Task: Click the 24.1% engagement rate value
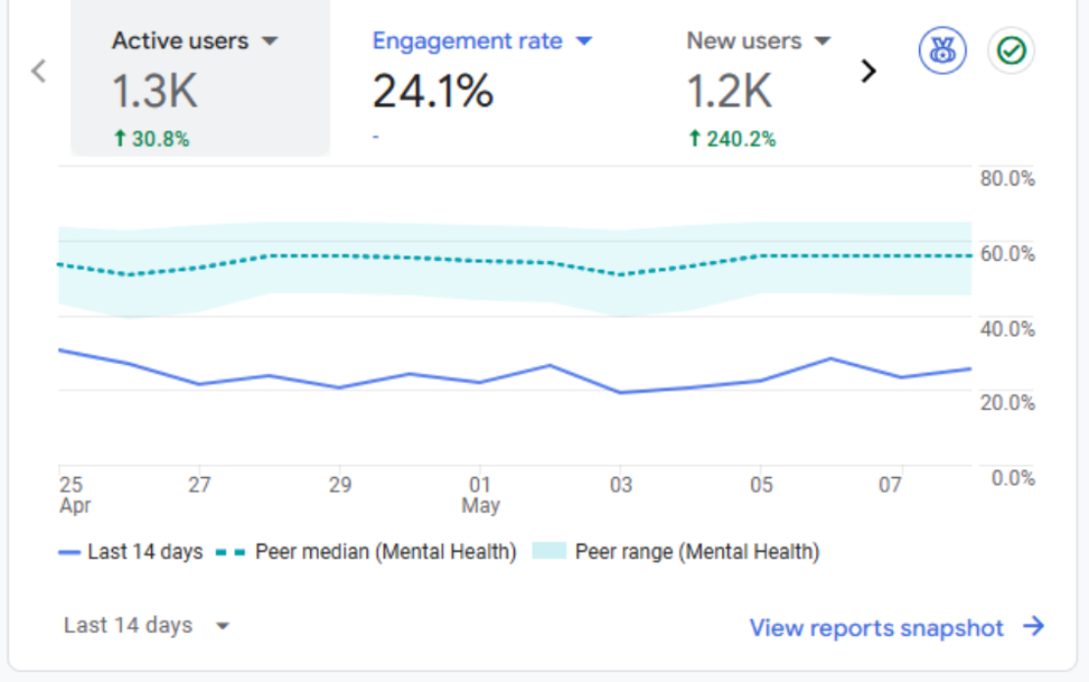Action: pyautogui.click(x=433, y=91)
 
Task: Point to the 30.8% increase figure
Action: pyautogui.click(x=152, y=139)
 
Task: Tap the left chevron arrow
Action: pyautogui.click(x=39, y=71)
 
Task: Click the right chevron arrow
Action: pyautogui.click(x=867, y=71)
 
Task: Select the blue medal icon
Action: pyautogui.click(x=943, y=50)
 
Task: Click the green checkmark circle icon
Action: pyautogui.click(x=1011, y=50)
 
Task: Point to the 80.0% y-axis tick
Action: pyautogui.click(x=1007, y=179)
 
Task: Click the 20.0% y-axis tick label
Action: pyautogui.click(x=1007, y=402)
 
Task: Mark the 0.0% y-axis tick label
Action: pyautogui.click(x=1011, y=478)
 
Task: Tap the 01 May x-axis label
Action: pyautogui.click(x=481, y=496)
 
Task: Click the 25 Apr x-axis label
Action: pyautogui.click(x=74, y=496)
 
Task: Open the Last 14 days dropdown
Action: pyautogui.click(x=146, y=626)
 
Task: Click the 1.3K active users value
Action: pyautogui.click(x=154, y=91)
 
